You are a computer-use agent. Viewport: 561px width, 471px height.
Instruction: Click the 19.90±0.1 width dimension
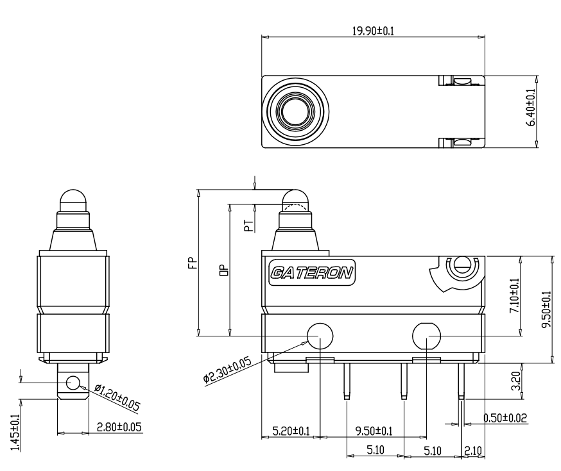point(372,31)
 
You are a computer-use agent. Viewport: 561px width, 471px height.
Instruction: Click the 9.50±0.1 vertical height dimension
point(546,310)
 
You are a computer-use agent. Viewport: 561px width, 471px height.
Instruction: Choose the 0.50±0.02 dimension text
point(505,418)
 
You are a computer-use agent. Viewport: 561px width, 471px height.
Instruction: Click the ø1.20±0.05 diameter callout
point(117,397)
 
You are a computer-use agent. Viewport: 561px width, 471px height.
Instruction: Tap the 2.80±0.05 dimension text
point(119,427)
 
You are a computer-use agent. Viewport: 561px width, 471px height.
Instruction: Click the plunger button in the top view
point(295,111)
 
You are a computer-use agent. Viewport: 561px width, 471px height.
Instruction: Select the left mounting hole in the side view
point(320,335)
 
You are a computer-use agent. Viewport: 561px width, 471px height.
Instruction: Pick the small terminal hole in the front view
point(73,383)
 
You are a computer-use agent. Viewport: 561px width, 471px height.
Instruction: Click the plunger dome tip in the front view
point(73,198)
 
